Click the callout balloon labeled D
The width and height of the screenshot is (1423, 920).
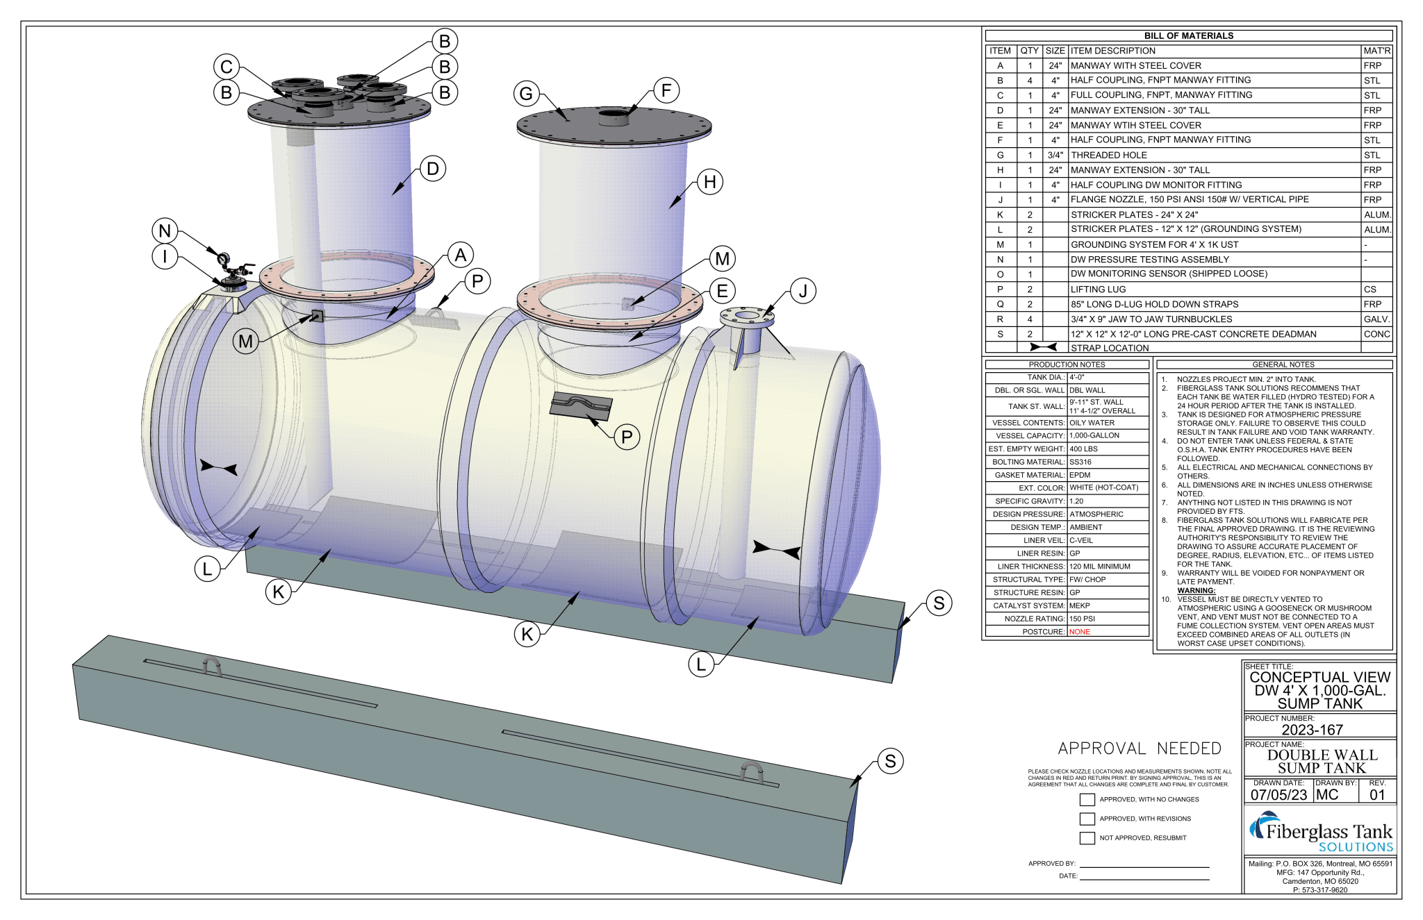click(x=433, y=169)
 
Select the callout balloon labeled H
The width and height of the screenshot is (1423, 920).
click(x=709, y=182)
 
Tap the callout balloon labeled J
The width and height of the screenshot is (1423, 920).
click(x=803, y=291)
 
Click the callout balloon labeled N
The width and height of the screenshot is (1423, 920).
click(x=165, y=231)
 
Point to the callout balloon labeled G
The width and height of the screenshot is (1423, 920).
click(x=526, y=93)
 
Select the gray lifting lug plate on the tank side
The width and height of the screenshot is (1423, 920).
click(x=581, y=405)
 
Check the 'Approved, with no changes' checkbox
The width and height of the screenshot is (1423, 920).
click(x=1087, y=800)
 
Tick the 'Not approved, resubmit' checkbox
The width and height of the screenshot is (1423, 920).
click(x=1087, y=838)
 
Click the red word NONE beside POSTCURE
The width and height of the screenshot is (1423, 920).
click(x=1079, y=632)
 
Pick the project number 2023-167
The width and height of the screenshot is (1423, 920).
click(x=1312, y=730)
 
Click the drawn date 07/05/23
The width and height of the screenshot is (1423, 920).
click(x=1278, y=795)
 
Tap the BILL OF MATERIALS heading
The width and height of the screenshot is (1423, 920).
click(x=1188, y=35)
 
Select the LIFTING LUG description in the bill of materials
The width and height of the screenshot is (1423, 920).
click(x=1098, y=290)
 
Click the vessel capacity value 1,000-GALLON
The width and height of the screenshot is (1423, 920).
click(x=1094, y=435)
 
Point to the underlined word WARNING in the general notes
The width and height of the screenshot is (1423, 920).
click(x=1196, y=591)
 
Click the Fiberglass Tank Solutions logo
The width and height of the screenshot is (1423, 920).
click(x=1320, y=832)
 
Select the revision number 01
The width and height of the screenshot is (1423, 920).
click(x=1377, y=795)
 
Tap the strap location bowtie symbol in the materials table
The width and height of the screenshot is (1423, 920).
click(x=1043, y=347)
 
